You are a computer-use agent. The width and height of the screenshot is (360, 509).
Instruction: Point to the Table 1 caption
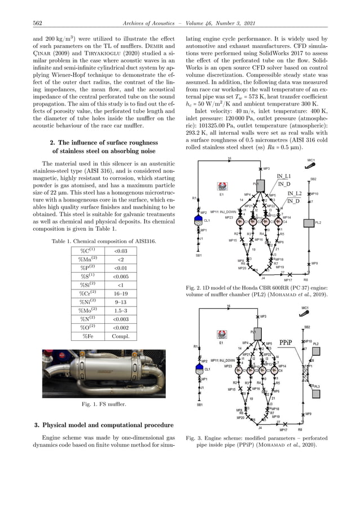tap(103, 241)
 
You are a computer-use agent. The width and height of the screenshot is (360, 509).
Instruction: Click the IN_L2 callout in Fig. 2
tap(293, 194)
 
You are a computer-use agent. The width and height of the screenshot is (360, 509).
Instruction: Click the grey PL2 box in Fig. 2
tap(307, 223)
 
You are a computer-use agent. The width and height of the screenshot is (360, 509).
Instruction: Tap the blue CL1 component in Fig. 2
tap(198, 218)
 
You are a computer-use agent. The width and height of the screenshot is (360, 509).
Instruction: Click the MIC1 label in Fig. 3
tap(305, 309)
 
